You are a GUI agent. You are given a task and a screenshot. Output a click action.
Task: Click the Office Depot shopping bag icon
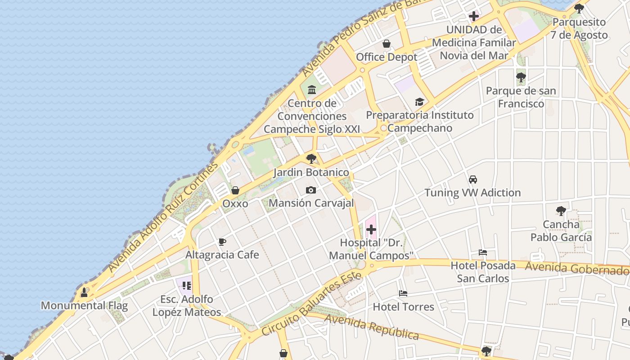click(386, 44)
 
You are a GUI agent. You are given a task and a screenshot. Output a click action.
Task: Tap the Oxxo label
click(235, 203)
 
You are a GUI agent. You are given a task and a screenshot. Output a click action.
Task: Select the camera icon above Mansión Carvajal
click(310, 190)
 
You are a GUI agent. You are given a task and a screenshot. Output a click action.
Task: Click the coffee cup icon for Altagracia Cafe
click(222, 242)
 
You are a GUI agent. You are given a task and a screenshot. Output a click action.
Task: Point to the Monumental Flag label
click(84, 306)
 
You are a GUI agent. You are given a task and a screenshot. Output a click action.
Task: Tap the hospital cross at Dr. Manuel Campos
click(371, 230)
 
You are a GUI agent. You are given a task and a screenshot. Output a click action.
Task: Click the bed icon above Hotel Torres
click(403, 294)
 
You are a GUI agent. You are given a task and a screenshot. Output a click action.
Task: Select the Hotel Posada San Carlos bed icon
click(483, 252)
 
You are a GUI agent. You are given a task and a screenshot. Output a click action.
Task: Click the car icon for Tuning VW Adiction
click(473, 180)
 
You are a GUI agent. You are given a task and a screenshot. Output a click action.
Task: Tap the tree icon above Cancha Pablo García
click(561, 211)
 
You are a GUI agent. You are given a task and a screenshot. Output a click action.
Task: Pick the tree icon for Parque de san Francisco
click(521, 77)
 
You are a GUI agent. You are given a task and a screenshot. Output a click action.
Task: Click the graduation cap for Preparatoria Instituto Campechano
click(419, 102)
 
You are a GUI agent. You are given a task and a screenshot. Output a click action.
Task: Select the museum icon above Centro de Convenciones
click(312, 90)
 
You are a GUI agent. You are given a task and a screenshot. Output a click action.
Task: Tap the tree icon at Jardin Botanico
click(311, 159)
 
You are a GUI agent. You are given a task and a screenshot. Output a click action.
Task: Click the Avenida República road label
click(372, 327)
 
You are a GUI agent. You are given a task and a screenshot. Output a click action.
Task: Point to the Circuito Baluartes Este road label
click(311, 304)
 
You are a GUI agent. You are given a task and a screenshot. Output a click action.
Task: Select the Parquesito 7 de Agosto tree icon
click(579, 9)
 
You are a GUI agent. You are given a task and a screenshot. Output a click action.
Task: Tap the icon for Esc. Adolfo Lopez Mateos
click(187, 286)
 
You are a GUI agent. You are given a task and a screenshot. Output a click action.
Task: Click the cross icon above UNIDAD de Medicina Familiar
click(473, 17)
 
